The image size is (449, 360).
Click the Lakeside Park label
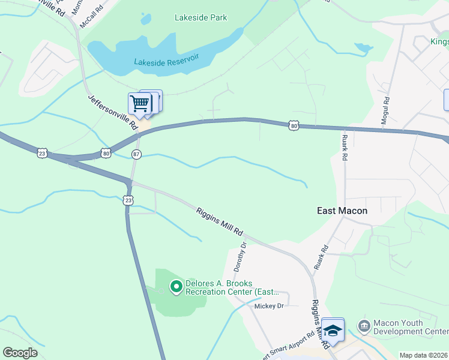coord(200,18)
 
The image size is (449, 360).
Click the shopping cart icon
coord(140,103)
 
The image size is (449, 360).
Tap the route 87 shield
coord(136,155)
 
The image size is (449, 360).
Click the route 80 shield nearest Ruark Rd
coord(293,125)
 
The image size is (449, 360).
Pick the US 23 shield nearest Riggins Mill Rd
coord(128,200)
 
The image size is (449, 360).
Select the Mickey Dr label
coord(268,305)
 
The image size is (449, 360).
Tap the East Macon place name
coord(342,211)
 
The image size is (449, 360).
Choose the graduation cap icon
coord(332,329)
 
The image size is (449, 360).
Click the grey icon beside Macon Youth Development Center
coord(364,326)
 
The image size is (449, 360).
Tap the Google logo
coord(20,353)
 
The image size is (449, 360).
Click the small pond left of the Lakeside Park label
coord(145,20)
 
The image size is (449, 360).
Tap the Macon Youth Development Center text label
coord(411,327)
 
